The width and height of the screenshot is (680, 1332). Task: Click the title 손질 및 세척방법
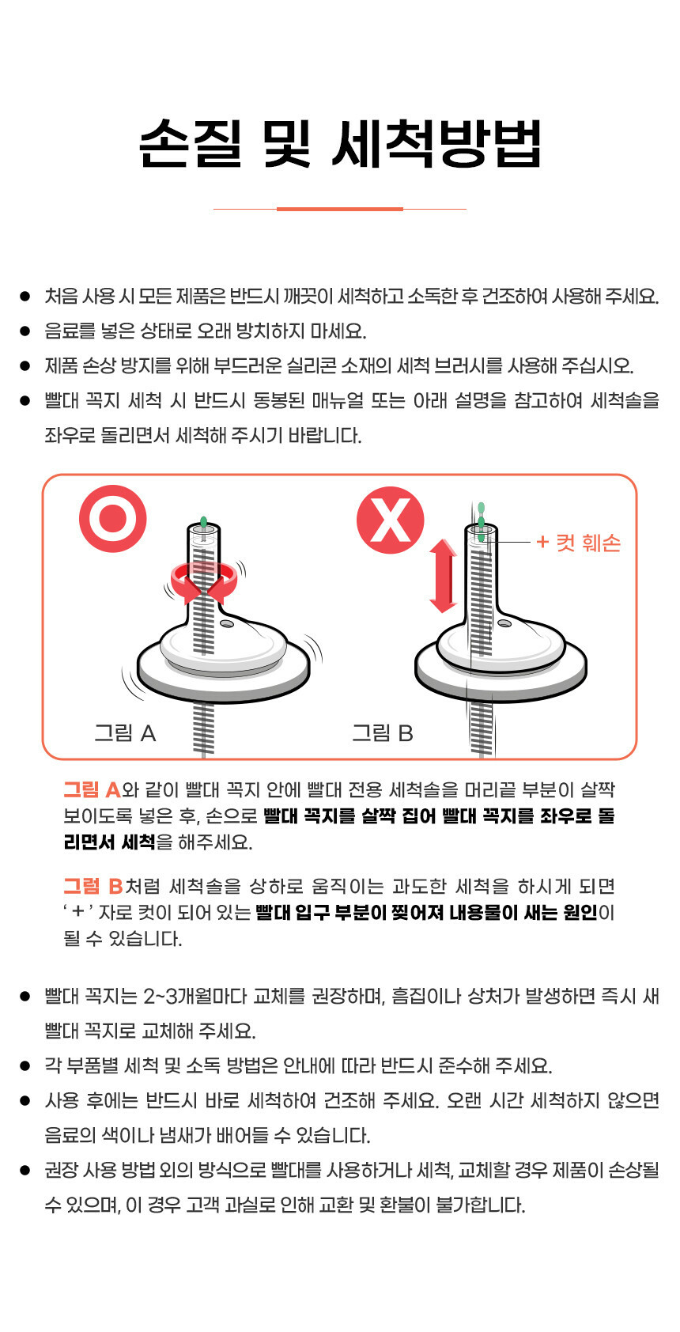tap(340, 142)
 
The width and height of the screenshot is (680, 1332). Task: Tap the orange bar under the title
tap(340, 209)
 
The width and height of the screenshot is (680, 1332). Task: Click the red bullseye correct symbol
tap(113, 519)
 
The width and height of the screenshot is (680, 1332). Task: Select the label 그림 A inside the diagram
tap(126, 732)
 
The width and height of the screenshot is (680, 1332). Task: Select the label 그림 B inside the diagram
tap(383, 732)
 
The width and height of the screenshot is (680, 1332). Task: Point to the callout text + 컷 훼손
tap(578, 543)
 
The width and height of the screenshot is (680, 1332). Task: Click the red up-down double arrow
tap(444, 576)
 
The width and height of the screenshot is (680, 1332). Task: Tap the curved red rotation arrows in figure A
tap(204, 581)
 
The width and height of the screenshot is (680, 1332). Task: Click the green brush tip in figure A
tap(204, 524)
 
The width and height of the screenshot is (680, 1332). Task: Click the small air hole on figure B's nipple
tap(504, 623)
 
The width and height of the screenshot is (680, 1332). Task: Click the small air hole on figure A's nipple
tap(226, 624)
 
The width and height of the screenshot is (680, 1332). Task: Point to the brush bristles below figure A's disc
tap(203, 729)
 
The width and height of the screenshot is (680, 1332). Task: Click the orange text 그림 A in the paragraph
tap(93, 789)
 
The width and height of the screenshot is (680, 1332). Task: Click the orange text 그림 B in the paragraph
tap(93, 886)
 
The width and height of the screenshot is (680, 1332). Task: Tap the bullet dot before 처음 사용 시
tap(25, 296)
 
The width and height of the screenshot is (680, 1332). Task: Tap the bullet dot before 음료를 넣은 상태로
tap(25, 331)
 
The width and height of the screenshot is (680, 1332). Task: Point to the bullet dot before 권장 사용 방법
tap(25, 1171)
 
